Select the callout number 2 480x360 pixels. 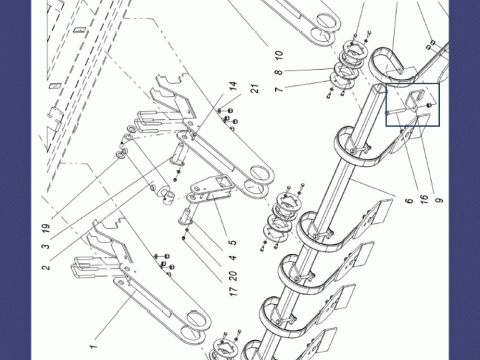coord(46,267)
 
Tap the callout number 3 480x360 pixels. coord(46,246)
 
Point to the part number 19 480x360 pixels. coord(46,228)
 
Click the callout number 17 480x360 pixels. coord(233,291)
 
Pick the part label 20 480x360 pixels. coord(233,275)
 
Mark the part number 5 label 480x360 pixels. coord(233,242)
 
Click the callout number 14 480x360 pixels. coord(233,85)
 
